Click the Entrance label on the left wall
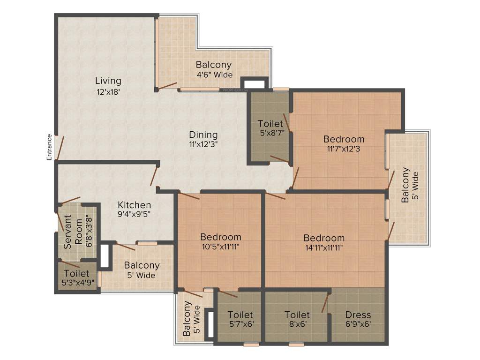(x=49, y=147)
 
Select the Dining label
(x=203, y=135)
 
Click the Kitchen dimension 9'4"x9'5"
(x=134, y=215)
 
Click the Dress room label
(x=358, y=315)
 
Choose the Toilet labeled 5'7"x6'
(x=240, y=315)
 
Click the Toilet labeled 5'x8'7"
(x=270, y=124)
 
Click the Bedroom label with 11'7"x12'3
(x=344, y=139)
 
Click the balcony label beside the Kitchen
(x=142, y=265)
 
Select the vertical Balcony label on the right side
(x=405, y=185)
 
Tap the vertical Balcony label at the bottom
(x=187, y=319)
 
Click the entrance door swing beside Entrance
(x=59, y=148)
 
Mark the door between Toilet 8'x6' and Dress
(x=325, y=303)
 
